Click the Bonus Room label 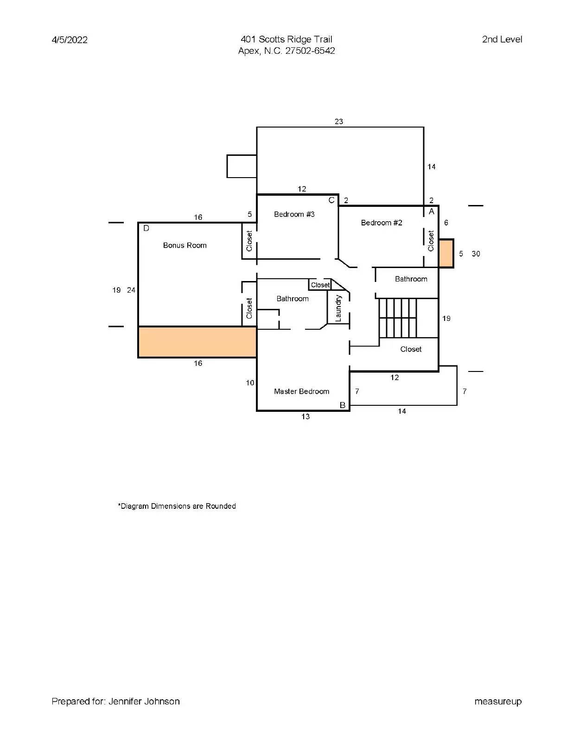click(185, 245)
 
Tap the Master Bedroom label click(301, 391)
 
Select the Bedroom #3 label click(294, 214)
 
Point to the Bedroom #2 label click(382, 223)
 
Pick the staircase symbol click(398, 318)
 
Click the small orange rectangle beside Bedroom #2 click(446, 253)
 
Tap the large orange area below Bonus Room click(197, 342)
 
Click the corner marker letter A click(431, 211)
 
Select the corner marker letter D click(146, 228)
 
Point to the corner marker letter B click(343, 405)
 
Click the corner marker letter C click(331, 200)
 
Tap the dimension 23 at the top click(339, 122)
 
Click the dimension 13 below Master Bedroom click(305, 416)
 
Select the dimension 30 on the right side click(476, 254)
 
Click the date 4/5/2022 click(70, 40)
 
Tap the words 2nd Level click(502, 39)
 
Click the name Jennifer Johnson click(144, 701)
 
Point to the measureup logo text click(498, 702)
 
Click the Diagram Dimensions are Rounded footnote click(177, 506)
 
